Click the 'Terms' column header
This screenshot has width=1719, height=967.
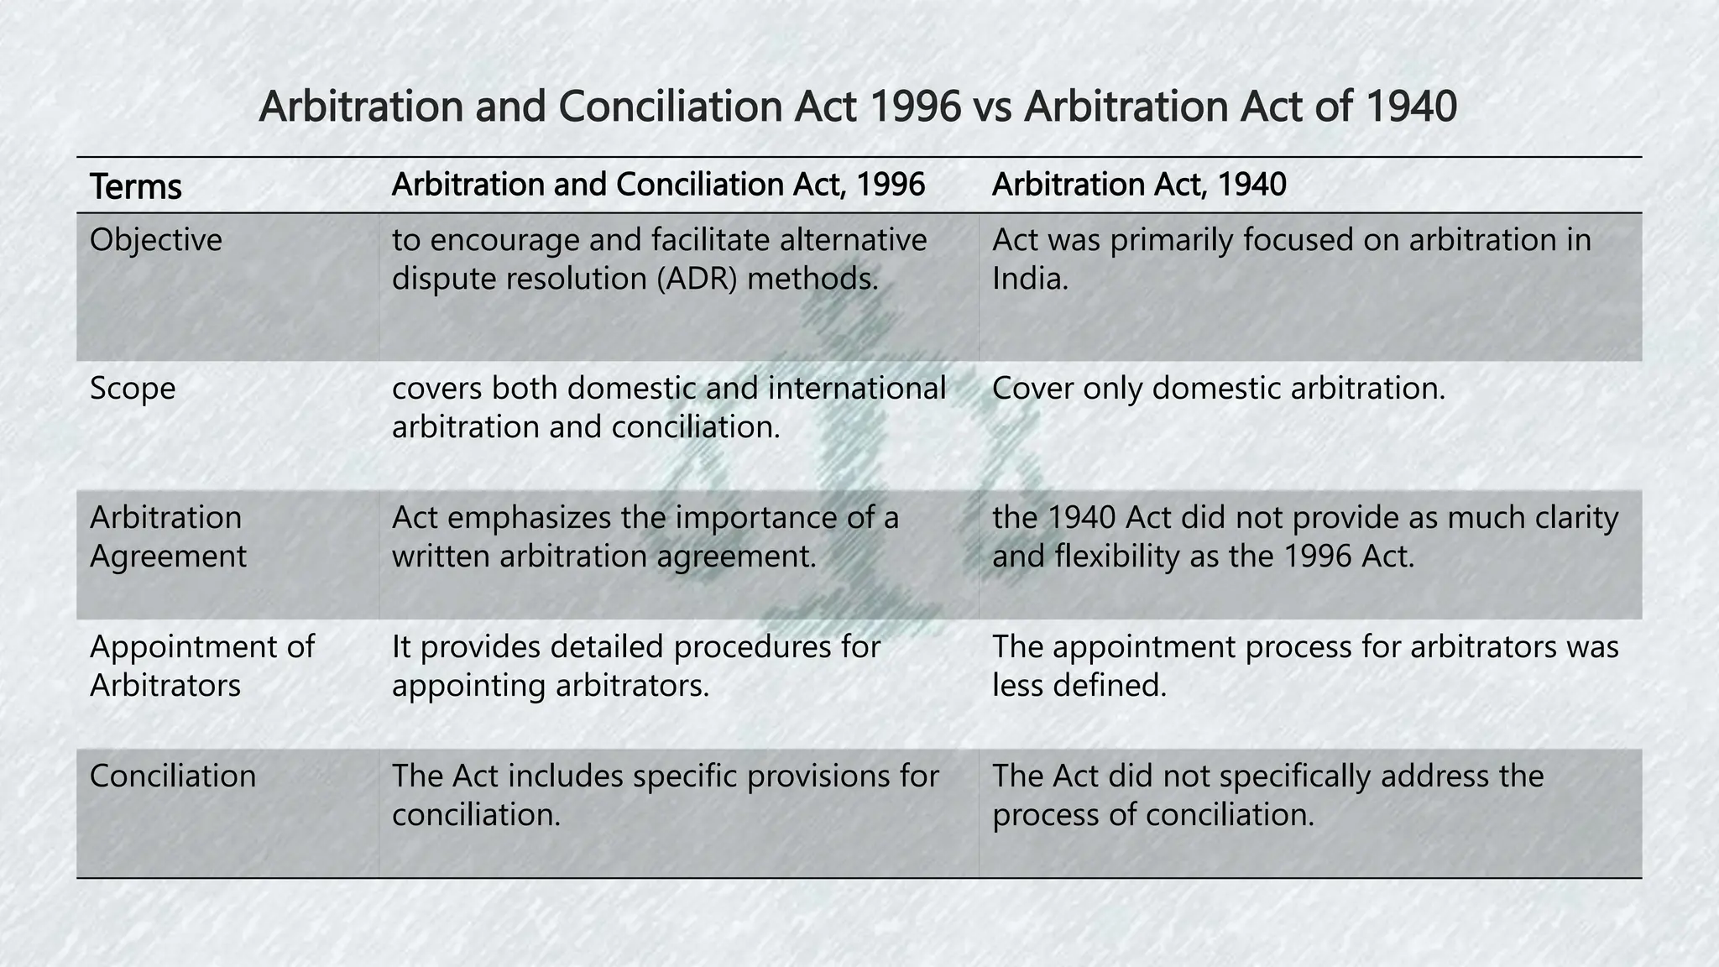tap(135, 186)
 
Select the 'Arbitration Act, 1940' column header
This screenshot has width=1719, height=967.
tap(1139, 185)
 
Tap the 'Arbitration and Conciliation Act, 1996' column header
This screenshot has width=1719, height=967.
tap(658, 185)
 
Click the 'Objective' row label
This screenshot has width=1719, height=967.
tap(156, 240)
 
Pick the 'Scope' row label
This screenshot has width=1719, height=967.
tap(133, 389)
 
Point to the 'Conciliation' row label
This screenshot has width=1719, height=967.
tap(173, 776)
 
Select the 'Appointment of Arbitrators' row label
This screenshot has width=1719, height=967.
tap(201, 666)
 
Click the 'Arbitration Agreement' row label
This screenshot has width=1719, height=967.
tap(168, 536)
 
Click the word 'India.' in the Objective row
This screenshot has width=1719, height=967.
tap(1030, 279)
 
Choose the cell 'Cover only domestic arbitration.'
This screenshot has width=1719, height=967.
tap(1219, 389)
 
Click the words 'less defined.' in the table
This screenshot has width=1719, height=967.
tap(1079, 686)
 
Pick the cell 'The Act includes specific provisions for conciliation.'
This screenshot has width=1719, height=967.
tap(665, 795)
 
